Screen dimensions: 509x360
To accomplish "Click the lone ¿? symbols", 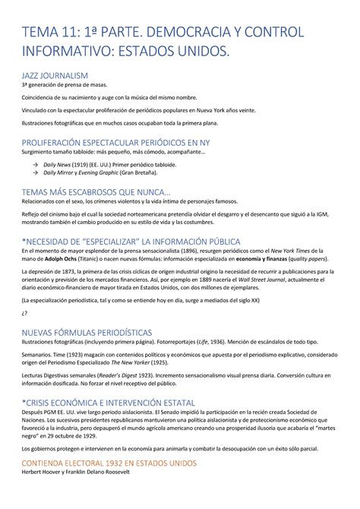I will pos(25,313).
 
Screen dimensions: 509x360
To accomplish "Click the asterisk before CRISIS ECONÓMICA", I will pos(24,401).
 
